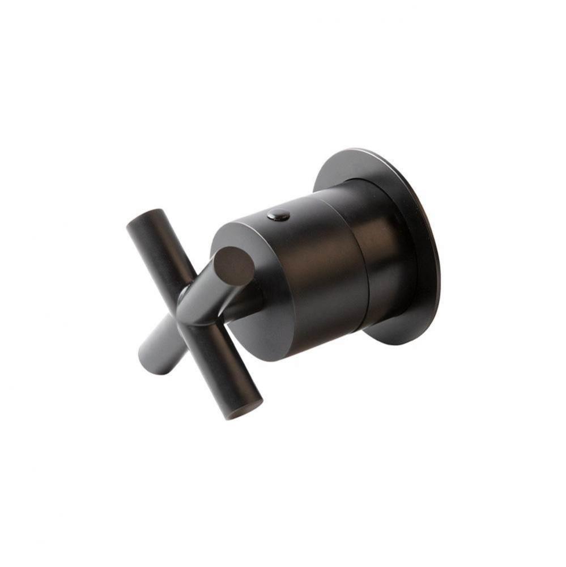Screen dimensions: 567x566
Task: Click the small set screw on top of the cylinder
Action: tap(278, 215)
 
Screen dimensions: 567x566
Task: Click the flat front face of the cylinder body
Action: tap(249, 318)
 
